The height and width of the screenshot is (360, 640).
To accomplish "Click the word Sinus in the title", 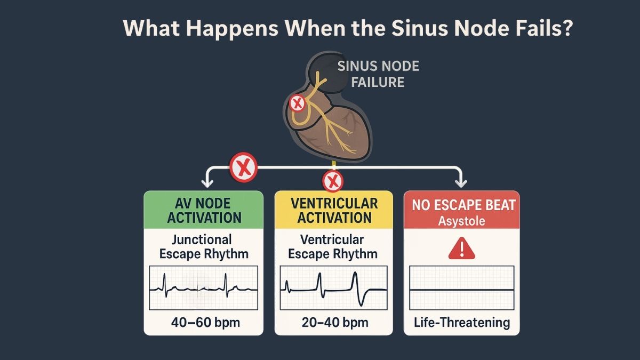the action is (419, 28).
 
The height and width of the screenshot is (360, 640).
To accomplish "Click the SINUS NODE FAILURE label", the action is (378, 74).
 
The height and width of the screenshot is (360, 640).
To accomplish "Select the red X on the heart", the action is (298, 103).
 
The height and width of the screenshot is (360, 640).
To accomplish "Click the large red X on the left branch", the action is (243, 167).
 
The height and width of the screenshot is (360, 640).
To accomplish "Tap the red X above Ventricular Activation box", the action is (333, 181).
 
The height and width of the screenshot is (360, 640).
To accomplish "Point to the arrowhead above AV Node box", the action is (207, 183).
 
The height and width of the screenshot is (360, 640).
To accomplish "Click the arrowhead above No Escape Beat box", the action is (461, 183).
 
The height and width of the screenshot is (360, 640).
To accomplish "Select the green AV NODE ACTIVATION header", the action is (203, 210).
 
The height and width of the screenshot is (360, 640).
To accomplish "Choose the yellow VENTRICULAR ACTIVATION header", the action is (334, 210).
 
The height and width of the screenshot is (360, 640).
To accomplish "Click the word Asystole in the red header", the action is (461, 221).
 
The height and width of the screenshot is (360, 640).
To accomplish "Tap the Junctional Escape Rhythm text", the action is (204, 246).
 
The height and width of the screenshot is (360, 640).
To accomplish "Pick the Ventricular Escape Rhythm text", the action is (333, 246).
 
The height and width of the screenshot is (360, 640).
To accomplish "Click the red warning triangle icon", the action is (462, 249).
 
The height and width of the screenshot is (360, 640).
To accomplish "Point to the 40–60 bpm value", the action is (205, 323).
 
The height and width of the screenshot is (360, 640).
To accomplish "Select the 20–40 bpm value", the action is (335, 323).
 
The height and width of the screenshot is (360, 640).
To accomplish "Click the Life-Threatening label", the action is (462, 323).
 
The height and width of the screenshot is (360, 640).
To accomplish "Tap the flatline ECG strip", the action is (462, 288).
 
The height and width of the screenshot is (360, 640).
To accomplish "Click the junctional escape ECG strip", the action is (203, 288).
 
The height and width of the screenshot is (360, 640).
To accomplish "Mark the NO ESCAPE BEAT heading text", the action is (463, 205).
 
